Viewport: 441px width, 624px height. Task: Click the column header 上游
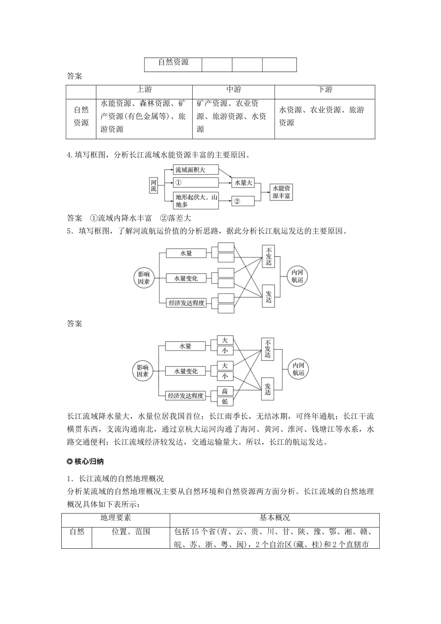point(144,90)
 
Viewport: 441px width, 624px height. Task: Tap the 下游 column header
point(324,90)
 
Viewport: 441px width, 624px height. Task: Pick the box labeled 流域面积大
point(196,170)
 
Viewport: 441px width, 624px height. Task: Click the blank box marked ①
point(196,182)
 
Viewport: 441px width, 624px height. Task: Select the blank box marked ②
point(243,201)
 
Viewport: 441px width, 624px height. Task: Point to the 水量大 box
point(243,182)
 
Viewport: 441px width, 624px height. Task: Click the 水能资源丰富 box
point(281,192)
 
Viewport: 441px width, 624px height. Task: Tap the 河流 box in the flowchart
point(154,186)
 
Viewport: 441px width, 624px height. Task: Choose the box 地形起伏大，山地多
point(196,201)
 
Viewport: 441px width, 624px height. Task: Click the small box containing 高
point(225,391)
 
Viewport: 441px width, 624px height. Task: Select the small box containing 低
point(225,401)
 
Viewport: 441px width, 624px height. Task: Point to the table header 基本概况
point(274,518)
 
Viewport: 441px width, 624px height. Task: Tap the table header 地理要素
point(116,518)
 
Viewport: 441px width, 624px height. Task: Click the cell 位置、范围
point(130,532)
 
